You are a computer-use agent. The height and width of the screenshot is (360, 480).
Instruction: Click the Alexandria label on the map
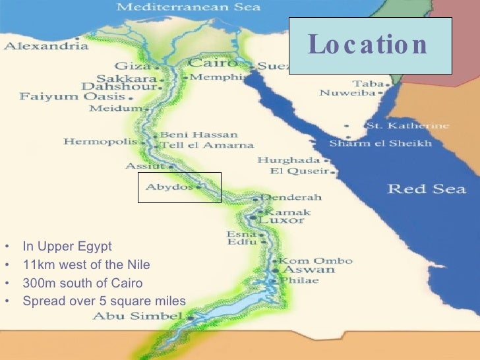[x=46, y=47]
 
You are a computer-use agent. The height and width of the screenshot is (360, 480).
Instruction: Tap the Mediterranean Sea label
[x=189, y=8]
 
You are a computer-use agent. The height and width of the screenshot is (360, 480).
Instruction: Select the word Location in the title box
[x=368, y=45]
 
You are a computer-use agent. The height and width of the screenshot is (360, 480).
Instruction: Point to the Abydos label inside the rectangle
[x=169, y=187]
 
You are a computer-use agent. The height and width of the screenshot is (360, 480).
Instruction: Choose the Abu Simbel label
[x=136, y=316]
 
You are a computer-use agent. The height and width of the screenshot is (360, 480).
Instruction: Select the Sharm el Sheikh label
[x=380, y=143]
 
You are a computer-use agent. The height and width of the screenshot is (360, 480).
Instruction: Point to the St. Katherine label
[x=407, y=125]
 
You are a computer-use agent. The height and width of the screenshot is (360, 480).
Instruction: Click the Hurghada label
[x=288, y=160]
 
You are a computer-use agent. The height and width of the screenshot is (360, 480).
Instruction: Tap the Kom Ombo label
[x=315, y=261]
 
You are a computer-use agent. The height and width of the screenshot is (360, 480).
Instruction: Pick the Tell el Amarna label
[x=206, y=145]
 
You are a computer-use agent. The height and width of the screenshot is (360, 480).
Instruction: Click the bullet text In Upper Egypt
[x=67, y=247]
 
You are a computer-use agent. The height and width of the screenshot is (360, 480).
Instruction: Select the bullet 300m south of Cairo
[x=82, y=284]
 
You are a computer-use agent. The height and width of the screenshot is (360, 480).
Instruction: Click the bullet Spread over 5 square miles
[x=104, y=301]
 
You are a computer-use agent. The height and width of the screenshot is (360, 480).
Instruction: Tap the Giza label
[x=133, y=66]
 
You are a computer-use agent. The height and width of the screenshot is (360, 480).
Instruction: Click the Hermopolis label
[x=100, y=142]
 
